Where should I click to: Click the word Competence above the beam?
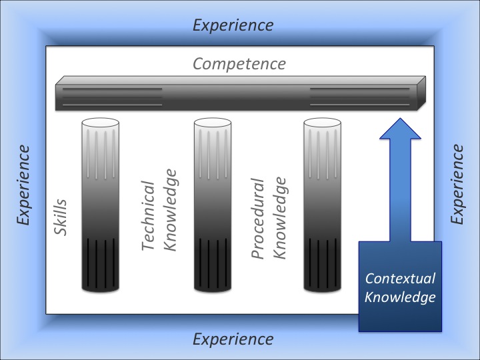point(239,64)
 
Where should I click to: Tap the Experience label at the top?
point(233,25)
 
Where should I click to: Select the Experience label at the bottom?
point(233,339)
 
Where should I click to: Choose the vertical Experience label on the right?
point(457,185)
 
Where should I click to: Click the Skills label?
point(61,219)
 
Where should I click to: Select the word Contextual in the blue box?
point(400,279)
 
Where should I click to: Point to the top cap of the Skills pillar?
point(100,123)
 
